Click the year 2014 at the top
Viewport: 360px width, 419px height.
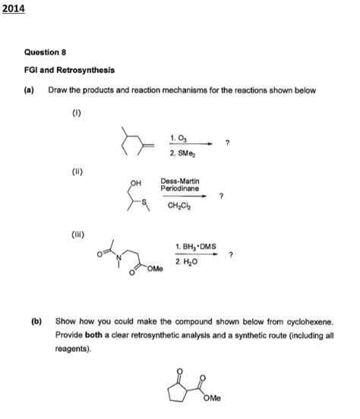tap(13, 8)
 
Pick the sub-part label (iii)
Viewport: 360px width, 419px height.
tap(78, 235)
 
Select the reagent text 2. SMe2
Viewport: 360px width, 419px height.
tap(183, 153)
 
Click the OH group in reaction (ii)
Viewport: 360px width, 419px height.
tap(137, 184)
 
